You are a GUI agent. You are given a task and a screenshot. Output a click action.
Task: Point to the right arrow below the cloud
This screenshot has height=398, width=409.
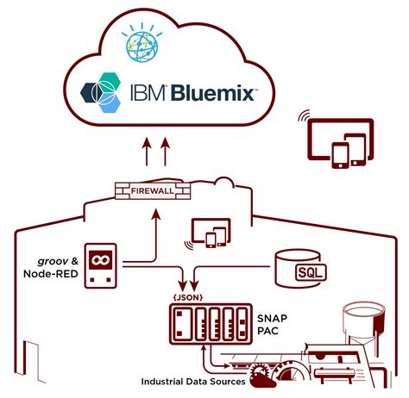164,154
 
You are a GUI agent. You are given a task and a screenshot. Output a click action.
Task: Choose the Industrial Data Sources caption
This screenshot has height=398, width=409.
191,380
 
